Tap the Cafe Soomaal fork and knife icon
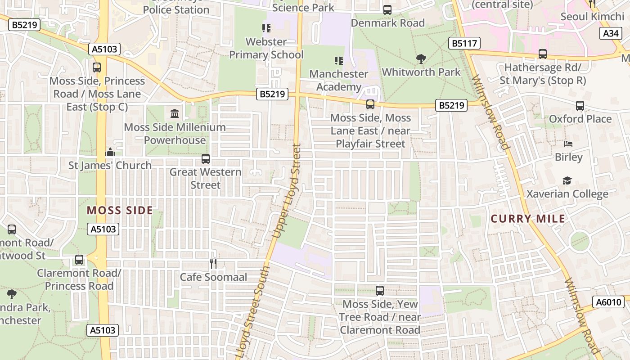214,263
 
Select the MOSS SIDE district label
120,210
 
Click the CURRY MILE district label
528,219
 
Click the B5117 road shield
464,43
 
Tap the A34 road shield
611,33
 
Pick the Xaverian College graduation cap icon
567,180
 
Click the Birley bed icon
568,144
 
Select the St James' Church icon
110,152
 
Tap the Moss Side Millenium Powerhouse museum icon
175,113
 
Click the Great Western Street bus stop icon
206,158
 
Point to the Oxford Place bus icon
580,106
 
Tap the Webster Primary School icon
266,28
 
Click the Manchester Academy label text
338,80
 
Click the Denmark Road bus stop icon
387,9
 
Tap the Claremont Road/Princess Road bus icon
79,260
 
